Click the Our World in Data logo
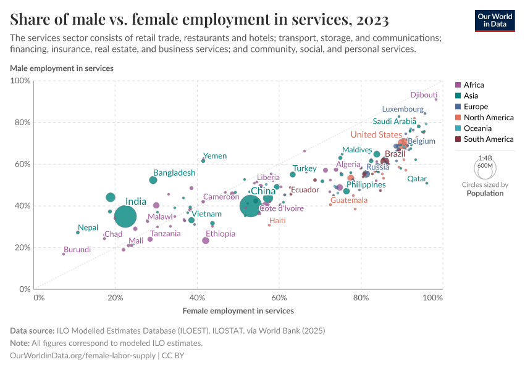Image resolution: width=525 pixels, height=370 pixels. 494,20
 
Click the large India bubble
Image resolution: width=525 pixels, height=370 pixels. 125,216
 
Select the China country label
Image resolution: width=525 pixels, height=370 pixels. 262,191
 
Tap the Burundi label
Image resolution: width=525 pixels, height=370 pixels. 77,250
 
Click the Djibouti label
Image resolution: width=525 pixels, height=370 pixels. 424,95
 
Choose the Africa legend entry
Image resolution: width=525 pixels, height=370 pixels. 474,85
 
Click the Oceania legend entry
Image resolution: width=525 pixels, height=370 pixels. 477,128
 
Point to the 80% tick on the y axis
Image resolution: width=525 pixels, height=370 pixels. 22,122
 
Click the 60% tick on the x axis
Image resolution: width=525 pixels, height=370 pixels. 279,298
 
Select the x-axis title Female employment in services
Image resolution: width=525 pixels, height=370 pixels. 238,311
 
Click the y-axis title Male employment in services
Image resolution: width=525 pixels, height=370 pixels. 62,68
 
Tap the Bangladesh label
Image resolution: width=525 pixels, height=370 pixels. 174,173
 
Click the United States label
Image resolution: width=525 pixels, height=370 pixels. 376,134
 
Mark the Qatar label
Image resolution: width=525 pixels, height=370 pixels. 417,179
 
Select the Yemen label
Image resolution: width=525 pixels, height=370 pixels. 215,156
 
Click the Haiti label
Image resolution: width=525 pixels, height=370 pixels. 277,221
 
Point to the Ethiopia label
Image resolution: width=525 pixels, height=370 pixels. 220,234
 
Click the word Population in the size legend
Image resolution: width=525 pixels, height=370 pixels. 485,193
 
